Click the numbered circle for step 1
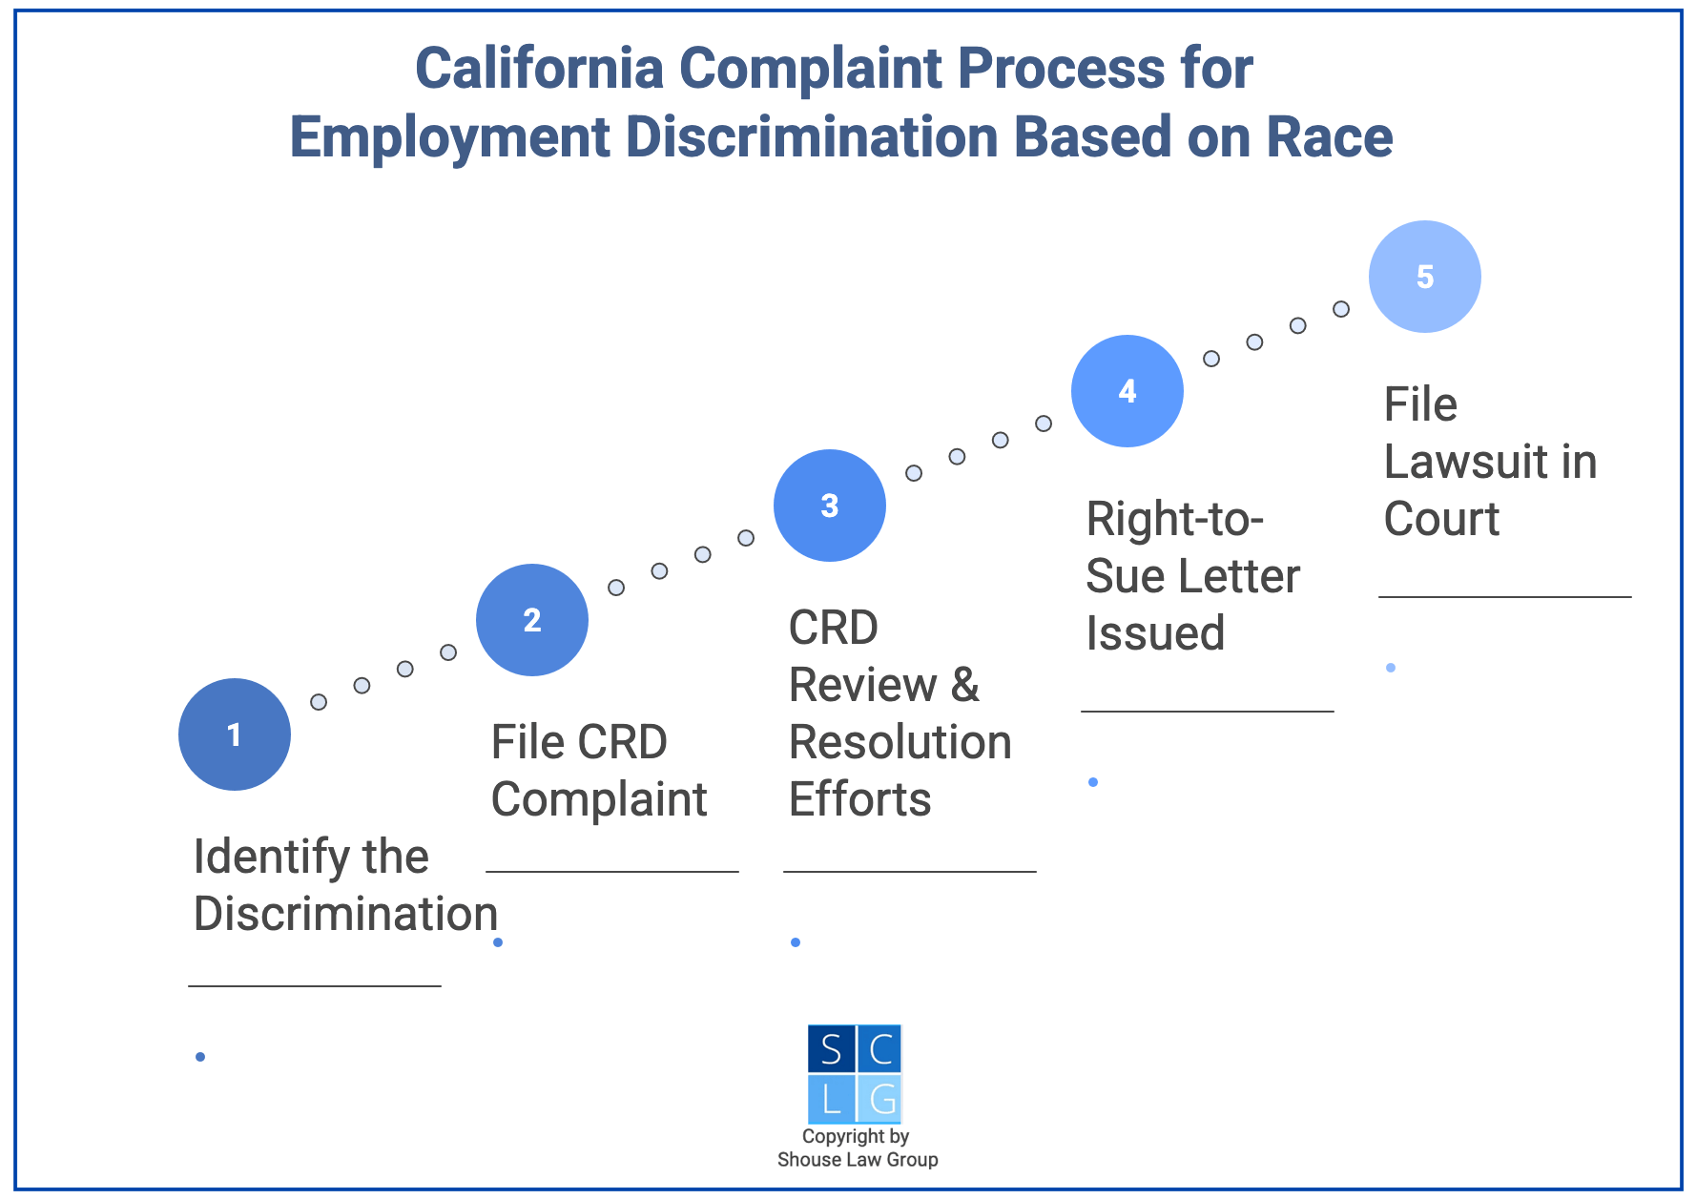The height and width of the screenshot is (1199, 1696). coord(235,734)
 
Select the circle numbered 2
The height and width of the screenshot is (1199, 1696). coord(532,620)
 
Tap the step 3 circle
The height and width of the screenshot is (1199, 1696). coord(830,506)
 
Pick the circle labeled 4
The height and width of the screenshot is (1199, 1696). coord(1127,391)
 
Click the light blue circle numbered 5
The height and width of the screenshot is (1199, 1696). coord(1425,277)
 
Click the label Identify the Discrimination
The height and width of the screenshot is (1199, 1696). coord(344,885)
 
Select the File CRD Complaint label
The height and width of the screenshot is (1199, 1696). coord(599,771)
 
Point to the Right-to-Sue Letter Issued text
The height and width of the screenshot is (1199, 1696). coord(1192,576)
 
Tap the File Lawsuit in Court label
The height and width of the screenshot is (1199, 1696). coord(1490,462)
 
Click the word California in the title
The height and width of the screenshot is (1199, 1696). coord(539,69)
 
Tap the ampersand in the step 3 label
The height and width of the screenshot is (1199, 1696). coord(965,685)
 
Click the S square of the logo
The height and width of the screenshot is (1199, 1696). coord(831,1049)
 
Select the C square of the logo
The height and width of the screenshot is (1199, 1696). coord(879,1049)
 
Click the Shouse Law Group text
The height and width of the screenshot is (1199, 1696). coord(858,1160)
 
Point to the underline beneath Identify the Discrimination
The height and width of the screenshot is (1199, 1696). coord(315,985)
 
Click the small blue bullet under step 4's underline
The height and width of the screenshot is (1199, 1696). coord(1093,782)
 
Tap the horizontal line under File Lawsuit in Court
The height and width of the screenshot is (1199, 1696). coord(1504,597)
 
